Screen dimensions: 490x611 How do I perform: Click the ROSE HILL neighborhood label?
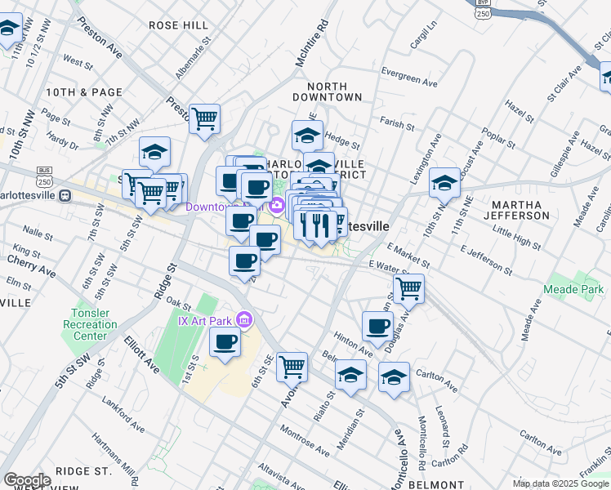(x=179, y=25)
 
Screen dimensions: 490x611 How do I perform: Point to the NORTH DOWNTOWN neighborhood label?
(x=333, y=91)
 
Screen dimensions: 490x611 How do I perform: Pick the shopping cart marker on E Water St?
(x=408, y=287)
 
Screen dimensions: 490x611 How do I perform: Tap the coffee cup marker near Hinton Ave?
(x=377, y=326)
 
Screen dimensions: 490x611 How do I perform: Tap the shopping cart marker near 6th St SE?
(x=292, y=366)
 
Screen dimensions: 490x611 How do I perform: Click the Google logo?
(x=26, y=480)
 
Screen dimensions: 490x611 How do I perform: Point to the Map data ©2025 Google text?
(x=560, y=483)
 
